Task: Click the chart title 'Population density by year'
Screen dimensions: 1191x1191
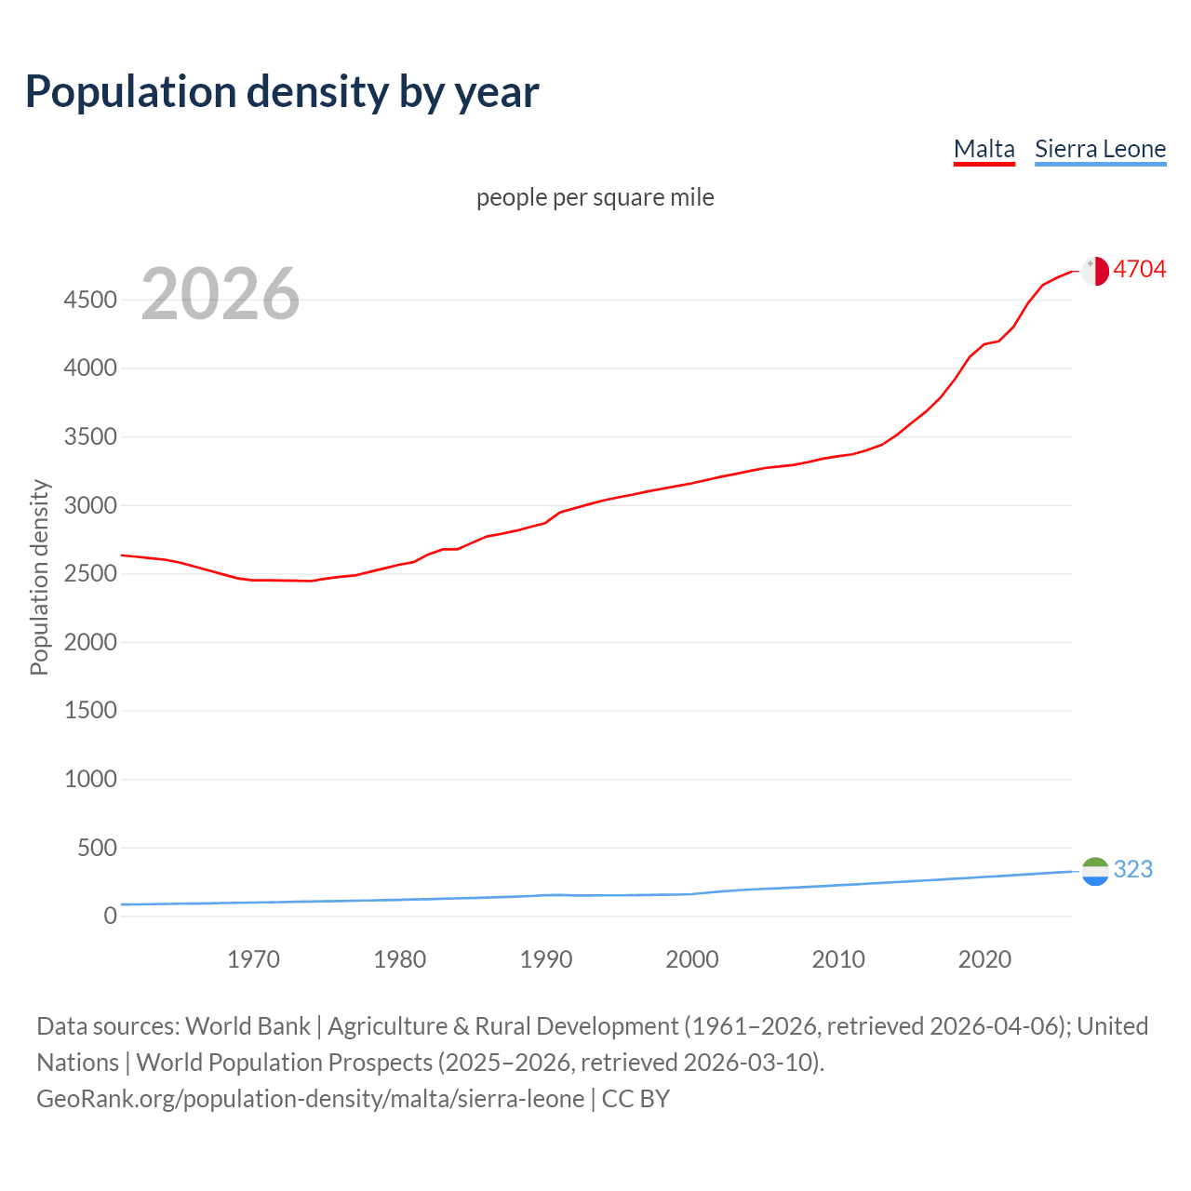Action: (282, 92)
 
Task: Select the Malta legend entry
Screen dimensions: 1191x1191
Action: (984, 149)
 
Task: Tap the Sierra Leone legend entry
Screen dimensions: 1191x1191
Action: (1100, 149)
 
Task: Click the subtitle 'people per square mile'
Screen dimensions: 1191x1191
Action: (595, 197)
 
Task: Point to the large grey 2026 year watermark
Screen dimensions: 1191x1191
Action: (221, 294)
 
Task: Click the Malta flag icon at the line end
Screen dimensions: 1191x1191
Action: (1095, 271)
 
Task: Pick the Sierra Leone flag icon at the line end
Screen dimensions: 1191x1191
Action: (1095, 871)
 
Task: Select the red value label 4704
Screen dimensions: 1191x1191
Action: (1139, 269)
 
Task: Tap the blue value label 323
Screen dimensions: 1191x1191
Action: (1132, 869)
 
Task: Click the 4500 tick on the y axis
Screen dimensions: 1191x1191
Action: (90, 300)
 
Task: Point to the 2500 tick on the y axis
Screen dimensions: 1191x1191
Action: (90, 573)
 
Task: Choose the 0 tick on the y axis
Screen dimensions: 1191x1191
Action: (110, 916)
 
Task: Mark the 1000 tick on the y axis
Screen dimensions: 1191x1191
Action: (90, 779)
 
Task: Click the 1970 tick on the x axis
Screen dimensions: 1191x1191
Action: (253, 959)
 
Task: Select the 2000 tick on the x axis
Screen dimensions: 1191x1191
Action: (691, 959)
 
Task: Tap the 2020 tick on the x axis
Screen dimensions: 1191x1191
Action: (984, 959)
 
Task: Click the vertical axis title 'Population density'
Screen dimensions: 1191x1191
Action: (39, 577)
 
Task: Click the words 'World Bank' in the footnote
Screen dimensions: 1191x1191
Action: (248, 1026)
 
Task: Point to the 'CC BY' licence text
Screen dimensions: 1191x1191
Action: (636, 1099)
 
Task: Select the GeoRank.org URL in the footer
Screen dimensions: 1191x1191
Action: (310, 1099)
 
